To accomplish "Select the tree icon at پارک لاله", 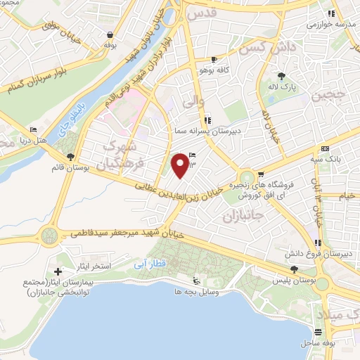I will point(283,77).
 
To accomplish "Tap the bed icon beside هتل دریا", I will point(33,130).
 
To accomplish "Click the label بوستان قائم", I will point(70,169).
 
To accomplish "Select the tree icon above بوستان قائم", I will point(69,157).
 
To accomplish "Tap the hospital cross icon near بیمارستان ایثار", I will point(58,271).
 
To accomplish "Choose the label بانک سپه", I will point(329,160).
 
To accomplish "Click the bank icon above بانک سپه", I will point(324,149).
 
